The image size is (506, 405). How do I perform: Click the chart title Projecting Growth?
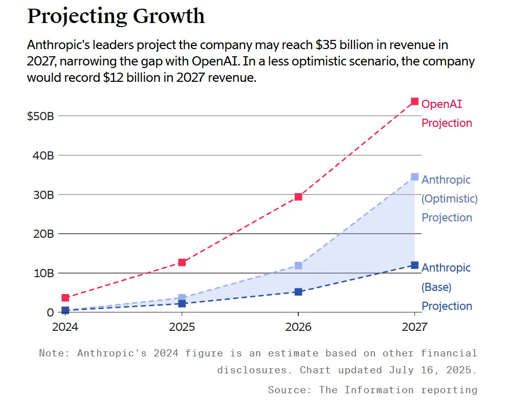[116, 16]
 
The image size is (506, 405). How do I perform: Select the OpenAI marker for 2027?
[414, 102]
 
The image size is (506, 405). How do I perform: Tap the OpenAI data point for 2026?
[298, 197]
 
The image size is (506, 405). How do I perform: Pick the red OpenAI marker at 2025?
[182, 262]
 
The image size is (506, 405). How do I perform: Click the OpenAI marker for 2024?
[65, 298]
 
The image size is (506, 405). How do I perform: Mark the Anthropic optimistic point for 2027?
[414, 177]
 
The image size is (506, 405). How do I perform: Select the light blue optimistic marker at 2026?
[298, 265]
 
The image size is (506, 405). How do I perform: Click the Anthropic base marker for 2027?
[414, 265]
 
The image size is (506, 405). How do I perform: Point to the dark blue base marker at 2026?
[298, 291]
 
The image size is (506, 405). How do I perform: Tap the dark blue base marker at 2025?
[182, 303]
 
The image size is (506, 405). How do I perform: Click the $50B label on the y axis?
[40, 116]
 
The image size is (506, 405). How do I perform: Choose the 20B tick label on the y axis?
[43, 234]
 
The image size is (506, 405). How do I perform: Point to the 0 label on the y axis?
[50, 312]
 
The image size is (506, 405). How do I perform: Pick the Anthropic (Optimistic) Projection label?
[449, 198]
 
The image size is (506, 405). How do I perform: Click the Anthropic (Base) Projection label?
[446, 287]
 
